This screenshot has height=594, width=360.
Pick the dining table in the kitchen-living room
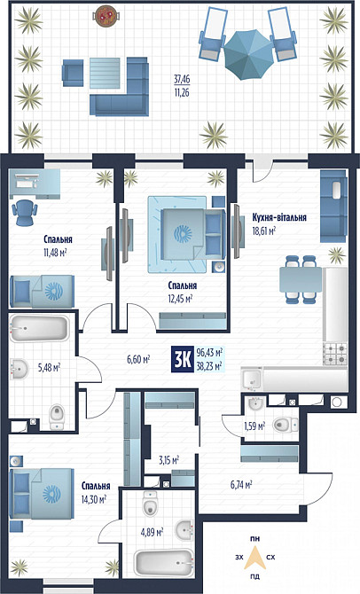point(301,279)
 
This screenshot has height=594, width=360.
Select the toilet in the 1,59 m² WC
point(283,424)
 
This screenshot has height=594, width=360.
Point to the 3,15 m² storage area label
point(168,460)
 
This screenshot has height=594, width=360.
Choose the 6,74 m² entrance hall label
point(241,484)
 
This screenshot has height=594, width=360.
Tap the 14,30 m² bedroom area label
point(93,499)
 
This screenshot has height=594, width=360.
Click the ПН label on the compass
point(256,538)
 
